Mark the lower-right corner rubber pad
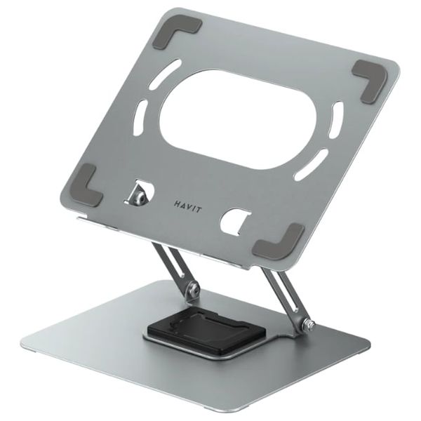point(281,243)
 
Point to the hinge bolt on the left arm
point(193,288)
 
